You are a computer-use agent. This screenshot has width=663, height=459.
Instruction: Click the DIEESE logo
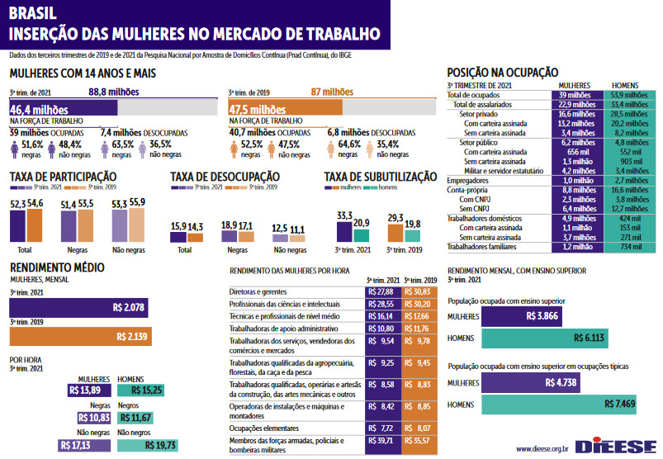coord(615,447)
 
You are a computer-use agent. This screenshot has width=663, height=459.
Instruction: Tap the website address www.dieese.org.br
coord(542,448)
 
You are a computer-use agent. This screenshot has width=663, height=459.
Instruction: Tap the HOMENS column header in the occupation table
coord(625,85)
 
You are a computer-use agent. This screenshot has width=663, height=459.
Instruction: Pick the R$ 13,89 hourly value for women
coord(85,390)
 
